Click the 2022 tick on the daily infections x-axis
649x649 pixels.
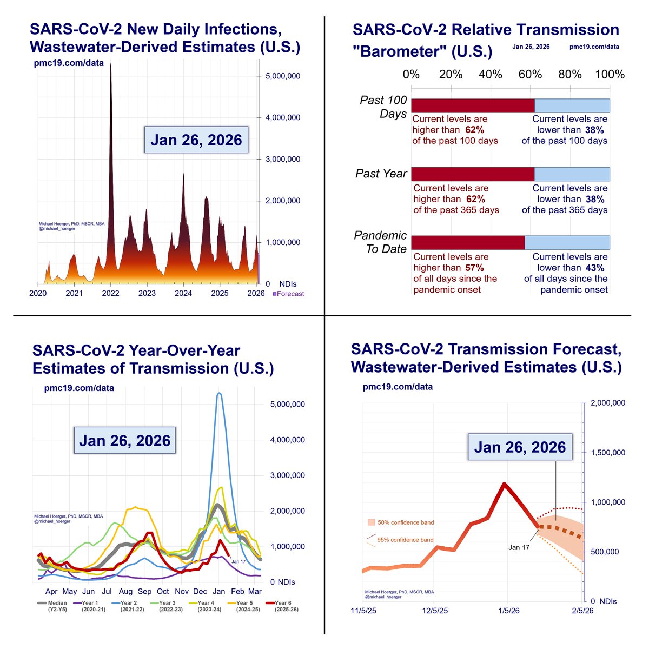[110, 293]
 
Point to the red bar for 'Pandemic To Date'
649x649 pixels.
[468, 243]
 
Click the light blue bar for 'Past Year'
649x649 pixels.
[572, 174]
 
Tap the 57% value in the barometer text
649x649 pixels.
[474, 268]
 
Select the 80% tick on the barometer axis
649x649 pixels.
[570, 74]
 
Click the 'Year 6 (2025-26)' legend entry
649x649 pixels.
[282, 606]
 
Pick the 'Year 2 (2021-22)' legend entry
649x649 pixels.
[129, 606]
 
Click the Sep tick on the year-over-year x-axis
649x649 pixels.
[144, 592]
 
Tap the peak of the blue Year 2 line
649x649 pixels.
[219, 394]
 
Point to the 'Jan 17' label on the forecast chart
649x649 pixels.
[519, 547]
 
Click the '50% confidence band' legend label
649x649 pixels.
[405, 522]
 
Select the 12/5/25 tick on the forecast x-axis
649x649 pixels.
[435, 611]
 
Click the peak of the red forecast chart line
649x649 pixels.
[504, 484]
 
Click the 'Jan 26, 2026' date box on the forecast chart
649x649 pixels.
[520, 447]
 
